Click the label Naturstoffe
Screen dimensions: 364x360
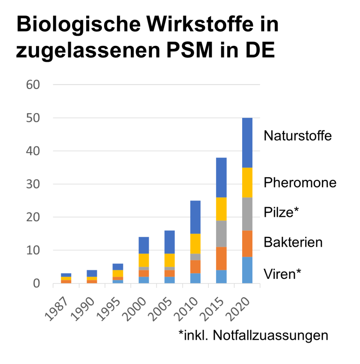pyautogui.click(x=298, y=136)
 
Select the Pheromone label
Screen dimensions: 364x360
pyautogui.click(x=300, y=183)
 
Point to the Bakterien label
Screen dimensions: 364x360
pyautogui.click(x=293, y=242)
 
